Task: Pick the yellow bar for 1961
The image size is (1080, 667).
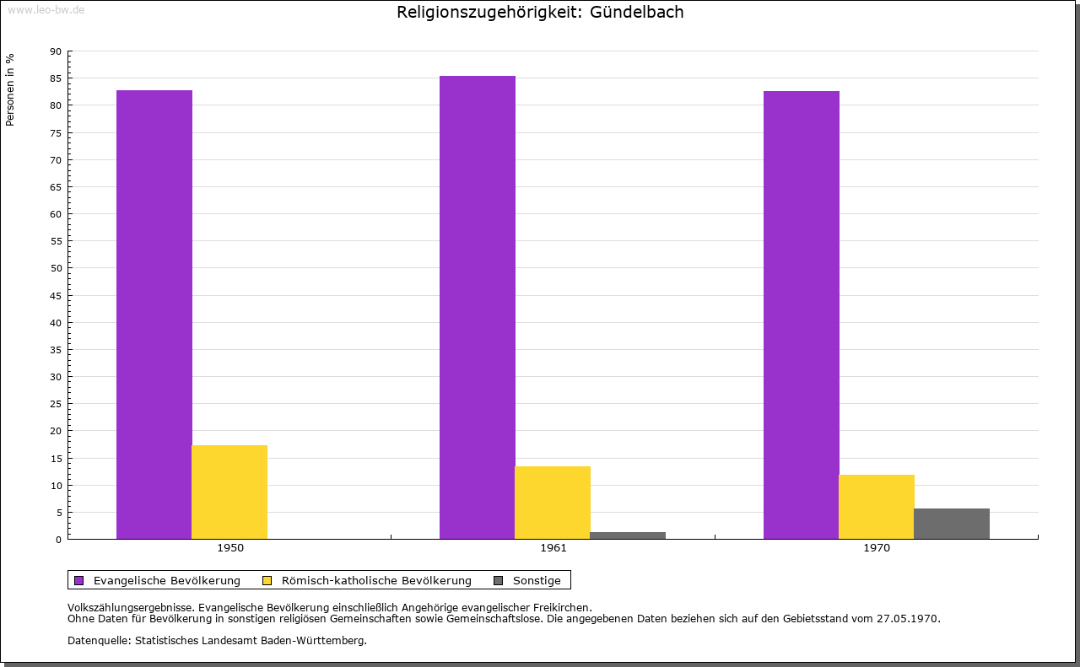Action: coord(553,503)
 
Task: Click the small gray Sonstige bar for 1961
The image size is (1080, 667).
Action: coord(628,535)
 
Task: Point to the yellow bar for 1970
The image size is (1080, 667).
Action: coord(877,507)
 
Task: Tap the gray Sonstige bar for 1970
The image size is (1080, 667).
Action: coord(952,524)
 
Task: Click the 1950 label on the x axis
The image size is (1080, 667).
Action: coord(230,548)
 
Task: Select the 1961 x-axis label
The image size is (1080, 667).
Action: coord(553,548)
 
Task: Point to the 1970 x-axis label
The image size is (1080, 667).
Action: coord(877,548)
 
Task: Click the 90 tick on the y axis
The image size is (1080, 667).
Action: coord(56,51)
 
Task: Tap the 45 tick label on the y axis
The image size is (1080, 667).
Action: coord(56,296)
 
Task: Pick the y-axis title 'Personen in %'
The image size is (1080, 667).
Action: coord(11,89)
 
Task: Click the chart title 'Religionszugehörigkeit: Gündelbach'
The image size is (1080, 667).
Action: coord(540,13)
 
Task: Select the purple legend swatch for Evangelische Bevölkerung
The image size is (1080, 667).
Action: coord(79,580)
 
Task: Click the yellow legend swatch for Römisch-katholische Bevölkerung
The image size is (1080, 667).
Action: coord(267,580)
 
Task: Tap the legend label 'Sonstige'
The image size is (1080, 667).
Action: coord(537,580)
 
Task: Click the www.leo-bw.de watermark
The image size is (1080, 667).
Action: coord(46,8)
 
